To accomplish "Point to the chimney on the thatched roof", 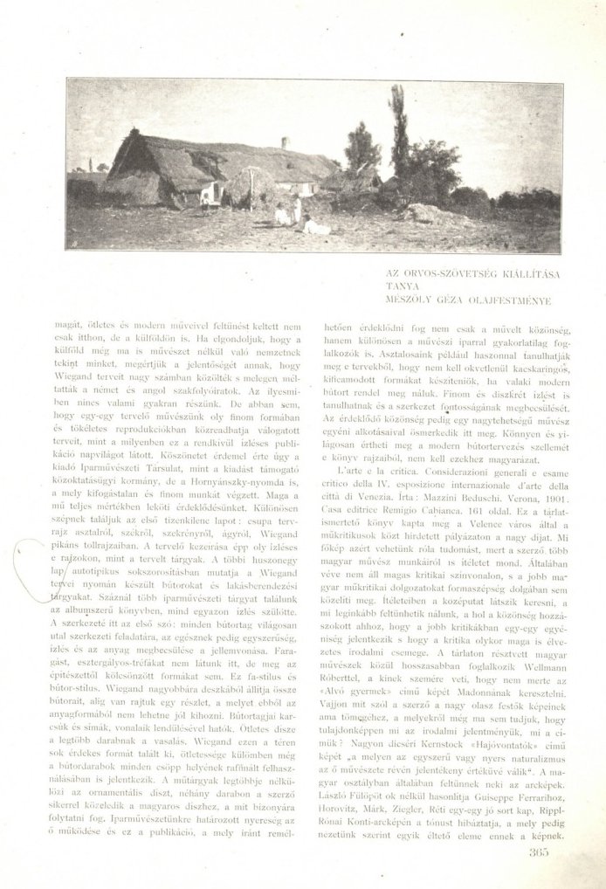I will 285,143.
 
